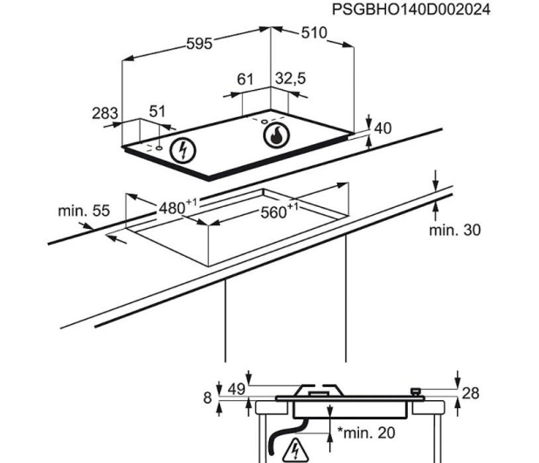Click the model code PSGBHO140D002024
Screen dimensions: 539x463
click(x=411, y=10)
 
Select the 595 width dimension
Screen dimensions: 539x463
click(x=199, y=44)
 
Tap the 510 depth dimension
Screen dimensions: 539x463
click(x=314, y=33)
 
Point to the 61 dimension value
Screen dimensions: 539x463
click(x=245, y=79)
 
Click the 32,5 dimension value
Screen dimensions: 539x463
click(x=291, y=79)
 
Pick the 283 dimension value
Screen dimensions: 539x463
click(x=105, y=113)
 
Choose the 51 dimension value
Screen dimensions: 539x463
click(x=157, y=111)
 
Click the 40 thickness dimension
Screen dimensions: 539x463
click(x=383, y=128)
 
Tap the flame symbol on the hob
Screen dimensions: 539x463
click(x=276, y=135)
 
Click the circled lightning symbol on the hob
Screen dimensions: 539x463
click(x=183, y=150)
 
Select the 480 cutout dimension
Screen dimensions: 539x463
click(x=177, y=206)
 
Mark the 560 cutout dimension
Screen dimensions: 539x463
click(x=280, y=211)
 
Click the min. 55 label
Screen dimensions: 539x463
click(x=84, y=211)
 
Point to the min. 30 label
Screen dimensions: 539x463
click(x=455, y=230)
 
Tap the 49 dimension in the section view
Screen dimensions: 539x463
click(x=237, y=389)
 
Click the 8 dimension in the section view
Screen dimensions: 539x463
click(x=207, y=397)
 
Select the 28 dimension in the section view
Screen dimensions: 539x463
click(x=470, y=393)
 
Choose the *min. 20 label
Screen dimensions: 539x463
click(x=366, y=432)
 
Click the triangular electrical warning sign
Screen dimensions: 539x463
click(x=295, y=450)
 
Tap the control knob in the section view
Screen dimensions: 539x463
click(x=416, y=391)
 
